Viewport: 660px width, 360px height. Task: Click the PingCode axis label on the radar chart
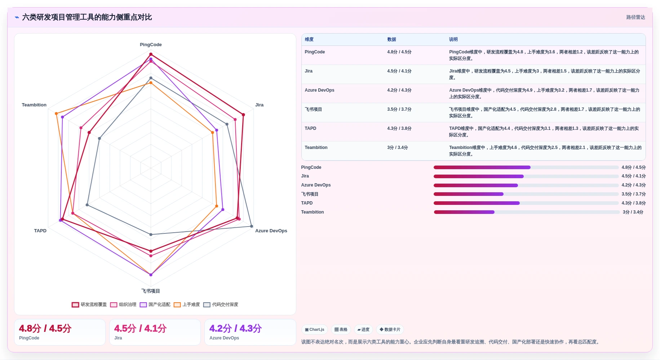click(x=151, y=45)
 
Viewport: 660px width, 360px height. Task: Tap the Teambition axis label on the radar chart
click(x=34, y=105)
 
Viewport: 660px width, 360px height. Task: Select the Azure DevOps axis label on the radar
click(x=271, y=231)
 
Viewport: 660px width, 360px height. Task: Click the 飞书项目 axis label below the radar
click(x=151, y=291)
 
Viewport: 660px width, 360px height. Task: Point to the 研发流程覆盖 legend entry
click(x=89, y=304)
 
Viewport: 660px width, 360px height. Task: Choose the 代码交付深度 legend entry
click(x=221, y=304)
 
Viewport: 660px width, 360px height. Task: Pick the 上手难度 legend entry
click(x=187, y=304)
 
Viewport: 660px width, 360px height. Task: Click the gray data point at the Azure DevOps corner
click(x=252, y=226)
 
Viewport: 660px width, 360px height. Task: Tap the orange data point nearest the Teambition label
click(x=56, y=114)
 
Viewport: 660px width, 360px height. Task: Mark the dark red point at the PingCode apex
click(x=151, y=54)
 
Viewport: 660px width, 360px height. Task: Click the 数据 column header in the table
click(x=391, y=39)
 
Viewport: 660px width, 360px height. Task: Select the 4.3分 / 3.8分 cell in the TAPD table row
click(x=399, y=128)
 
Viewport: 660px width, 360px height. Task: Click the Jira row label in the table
click(x=309, y=71)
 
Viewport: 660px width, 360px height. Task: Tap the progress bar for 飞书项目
click(x=526, y=194)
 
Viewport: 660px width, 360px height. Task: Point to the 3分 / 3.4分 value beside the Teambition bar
click(x=633, y=212)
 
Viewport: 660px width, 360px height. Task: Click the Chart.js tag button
click(x=314, y=329)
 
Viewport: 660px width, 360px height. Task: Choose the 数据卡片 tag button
click(x=390, y=329)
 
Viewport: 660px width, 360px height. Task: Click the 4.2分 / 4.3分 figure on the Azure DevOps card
click(x=235, y=328)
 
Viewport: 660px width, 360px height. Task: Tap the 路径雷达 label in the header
click(x=635, y=17)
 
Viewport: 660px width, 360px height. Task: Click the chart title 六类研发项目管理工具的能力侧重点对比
click(x=87, y=17)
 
